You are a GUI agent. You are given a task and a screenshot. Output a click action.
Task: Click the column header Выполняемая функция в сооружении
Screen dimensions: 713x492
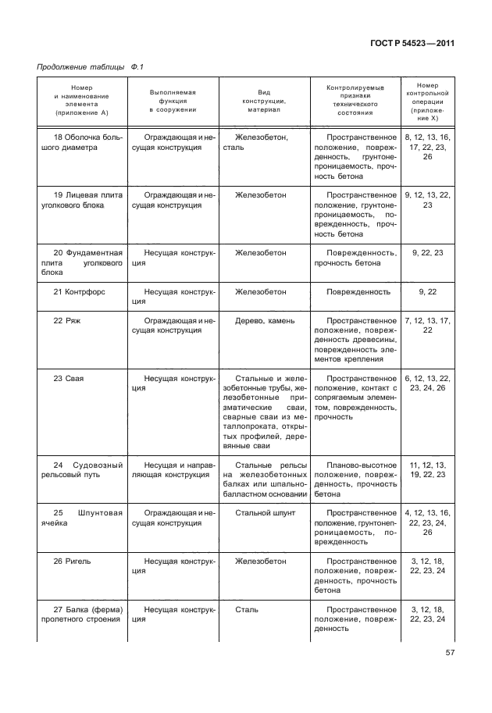[173, 102]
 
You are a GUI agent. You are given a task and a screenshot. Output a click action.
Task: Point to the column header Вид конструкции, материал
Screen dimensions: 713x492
[264, 102]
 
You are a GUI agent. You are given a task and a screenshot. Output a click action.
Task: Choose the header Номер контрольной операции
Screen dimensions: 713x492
[429, 102]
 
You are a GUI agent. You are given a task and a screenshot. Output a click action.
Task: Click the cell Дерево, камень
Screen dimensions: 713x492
[264, 321]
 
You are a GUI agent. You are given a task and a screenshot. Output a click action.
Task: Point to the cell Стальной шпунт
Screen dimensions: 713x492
[264, 512]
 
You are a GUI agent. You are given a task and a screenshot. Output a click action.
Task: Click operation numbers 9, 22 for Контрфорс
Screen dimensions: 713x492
[428, 292]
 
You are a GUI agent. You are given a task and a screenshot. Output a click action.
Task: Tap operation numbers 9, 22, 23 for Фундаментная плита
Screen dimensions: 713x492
[428, 253]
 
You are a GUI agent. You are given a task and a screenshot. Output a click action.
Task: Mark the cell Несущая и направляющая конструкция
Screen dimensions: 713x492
[173, 471]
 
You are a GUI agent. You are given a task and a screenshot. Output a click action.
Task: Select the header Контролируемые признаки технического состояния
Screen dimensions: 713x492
[355, 102]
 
